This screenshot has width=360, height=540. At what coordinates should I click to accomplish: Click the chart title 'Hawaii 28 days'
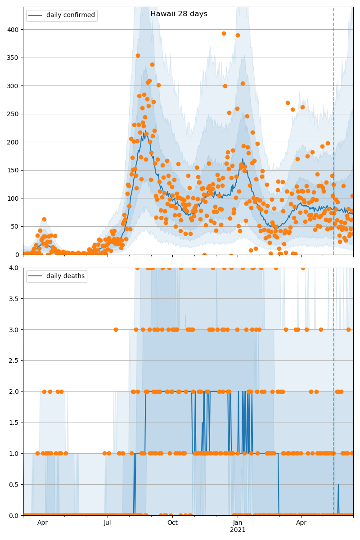(179, 14)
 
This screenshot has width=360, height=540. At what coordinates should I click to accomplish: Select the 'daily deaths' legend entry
(65, 276)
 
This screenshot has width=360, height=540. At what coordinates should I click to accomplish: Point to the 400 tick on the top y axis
(13, 30)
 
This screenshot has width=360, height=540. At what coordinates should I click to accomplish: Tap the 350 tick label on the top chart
(13, 58)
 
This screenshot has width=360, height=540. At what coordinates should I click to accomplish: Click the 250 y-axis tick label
(13, 114)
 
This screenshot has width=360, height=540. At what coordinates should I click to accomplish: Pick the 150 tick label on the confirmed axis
(13, 170)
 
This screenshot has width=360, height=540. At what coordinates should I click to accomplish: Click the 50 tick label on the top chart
(15, 226)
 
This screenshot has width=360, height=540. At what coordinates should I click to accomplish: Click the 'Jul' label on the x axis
(108, 523)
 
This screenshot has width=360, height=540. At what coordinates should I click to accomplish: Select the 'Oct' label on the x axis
(172, 523)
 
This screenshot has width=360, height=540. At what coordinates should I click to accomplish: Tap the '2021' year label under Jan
(238, 530)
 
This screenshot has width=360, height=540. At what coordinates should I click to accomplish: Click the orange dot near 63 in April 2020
(44, 219)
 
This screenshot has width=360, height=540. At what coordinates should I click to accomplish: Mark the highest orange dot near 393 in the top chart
(224, 33)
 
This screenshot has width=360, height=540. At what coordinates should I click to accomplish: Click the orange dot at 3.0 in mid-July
(116, 329)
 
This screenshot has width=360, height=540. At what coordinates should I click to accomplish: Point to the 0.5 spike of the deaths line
(338, 484)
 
